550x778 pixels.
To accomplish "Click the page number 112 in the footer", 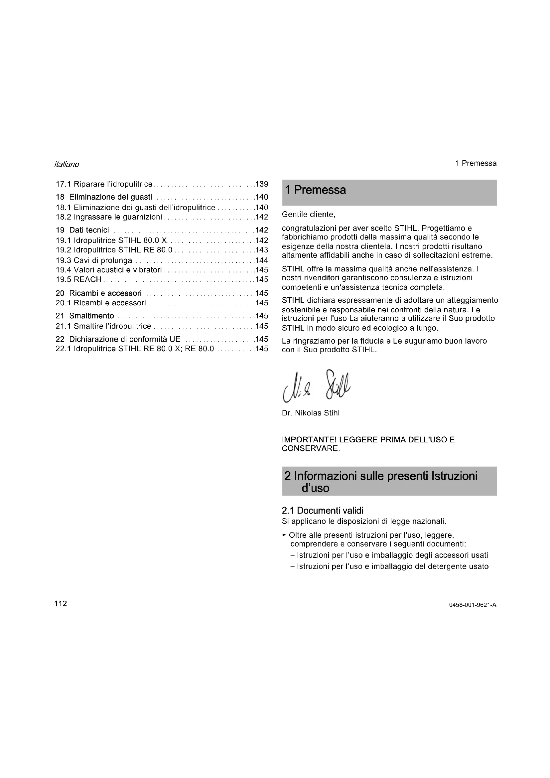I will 61,603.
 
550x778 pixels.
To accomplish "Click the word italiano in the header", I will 67,164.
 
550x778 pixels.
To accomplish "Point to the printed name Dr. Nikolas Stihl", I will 311,413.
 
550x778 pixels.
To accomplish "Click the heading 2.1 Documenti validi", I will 322,510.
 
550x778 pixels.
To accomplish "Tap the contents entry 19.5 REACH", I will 78,279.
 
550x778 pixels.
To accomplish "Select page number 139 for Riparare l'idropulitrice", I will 262,184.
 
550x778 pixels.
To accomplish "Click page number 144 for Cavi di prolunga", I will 262,260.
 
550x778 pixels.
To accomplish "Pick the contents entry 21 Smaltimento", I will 85,316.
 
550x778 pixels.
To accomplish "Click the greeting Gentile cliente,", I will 308,215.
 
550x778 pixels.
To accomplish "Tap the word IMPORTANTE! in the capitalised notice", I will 309,440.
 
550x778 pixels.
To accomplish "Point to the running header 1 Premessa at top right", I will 476,163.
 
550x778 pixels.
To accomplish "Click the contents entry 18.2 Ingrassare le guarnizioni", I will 109,217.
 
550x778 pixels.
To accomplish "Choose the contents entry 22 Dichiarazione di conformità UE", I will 118,339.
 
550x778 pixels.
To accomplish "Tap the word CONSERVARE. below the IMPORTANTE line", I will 311,449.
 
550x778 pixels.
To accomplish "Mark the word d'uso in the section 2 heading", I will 315,488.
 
